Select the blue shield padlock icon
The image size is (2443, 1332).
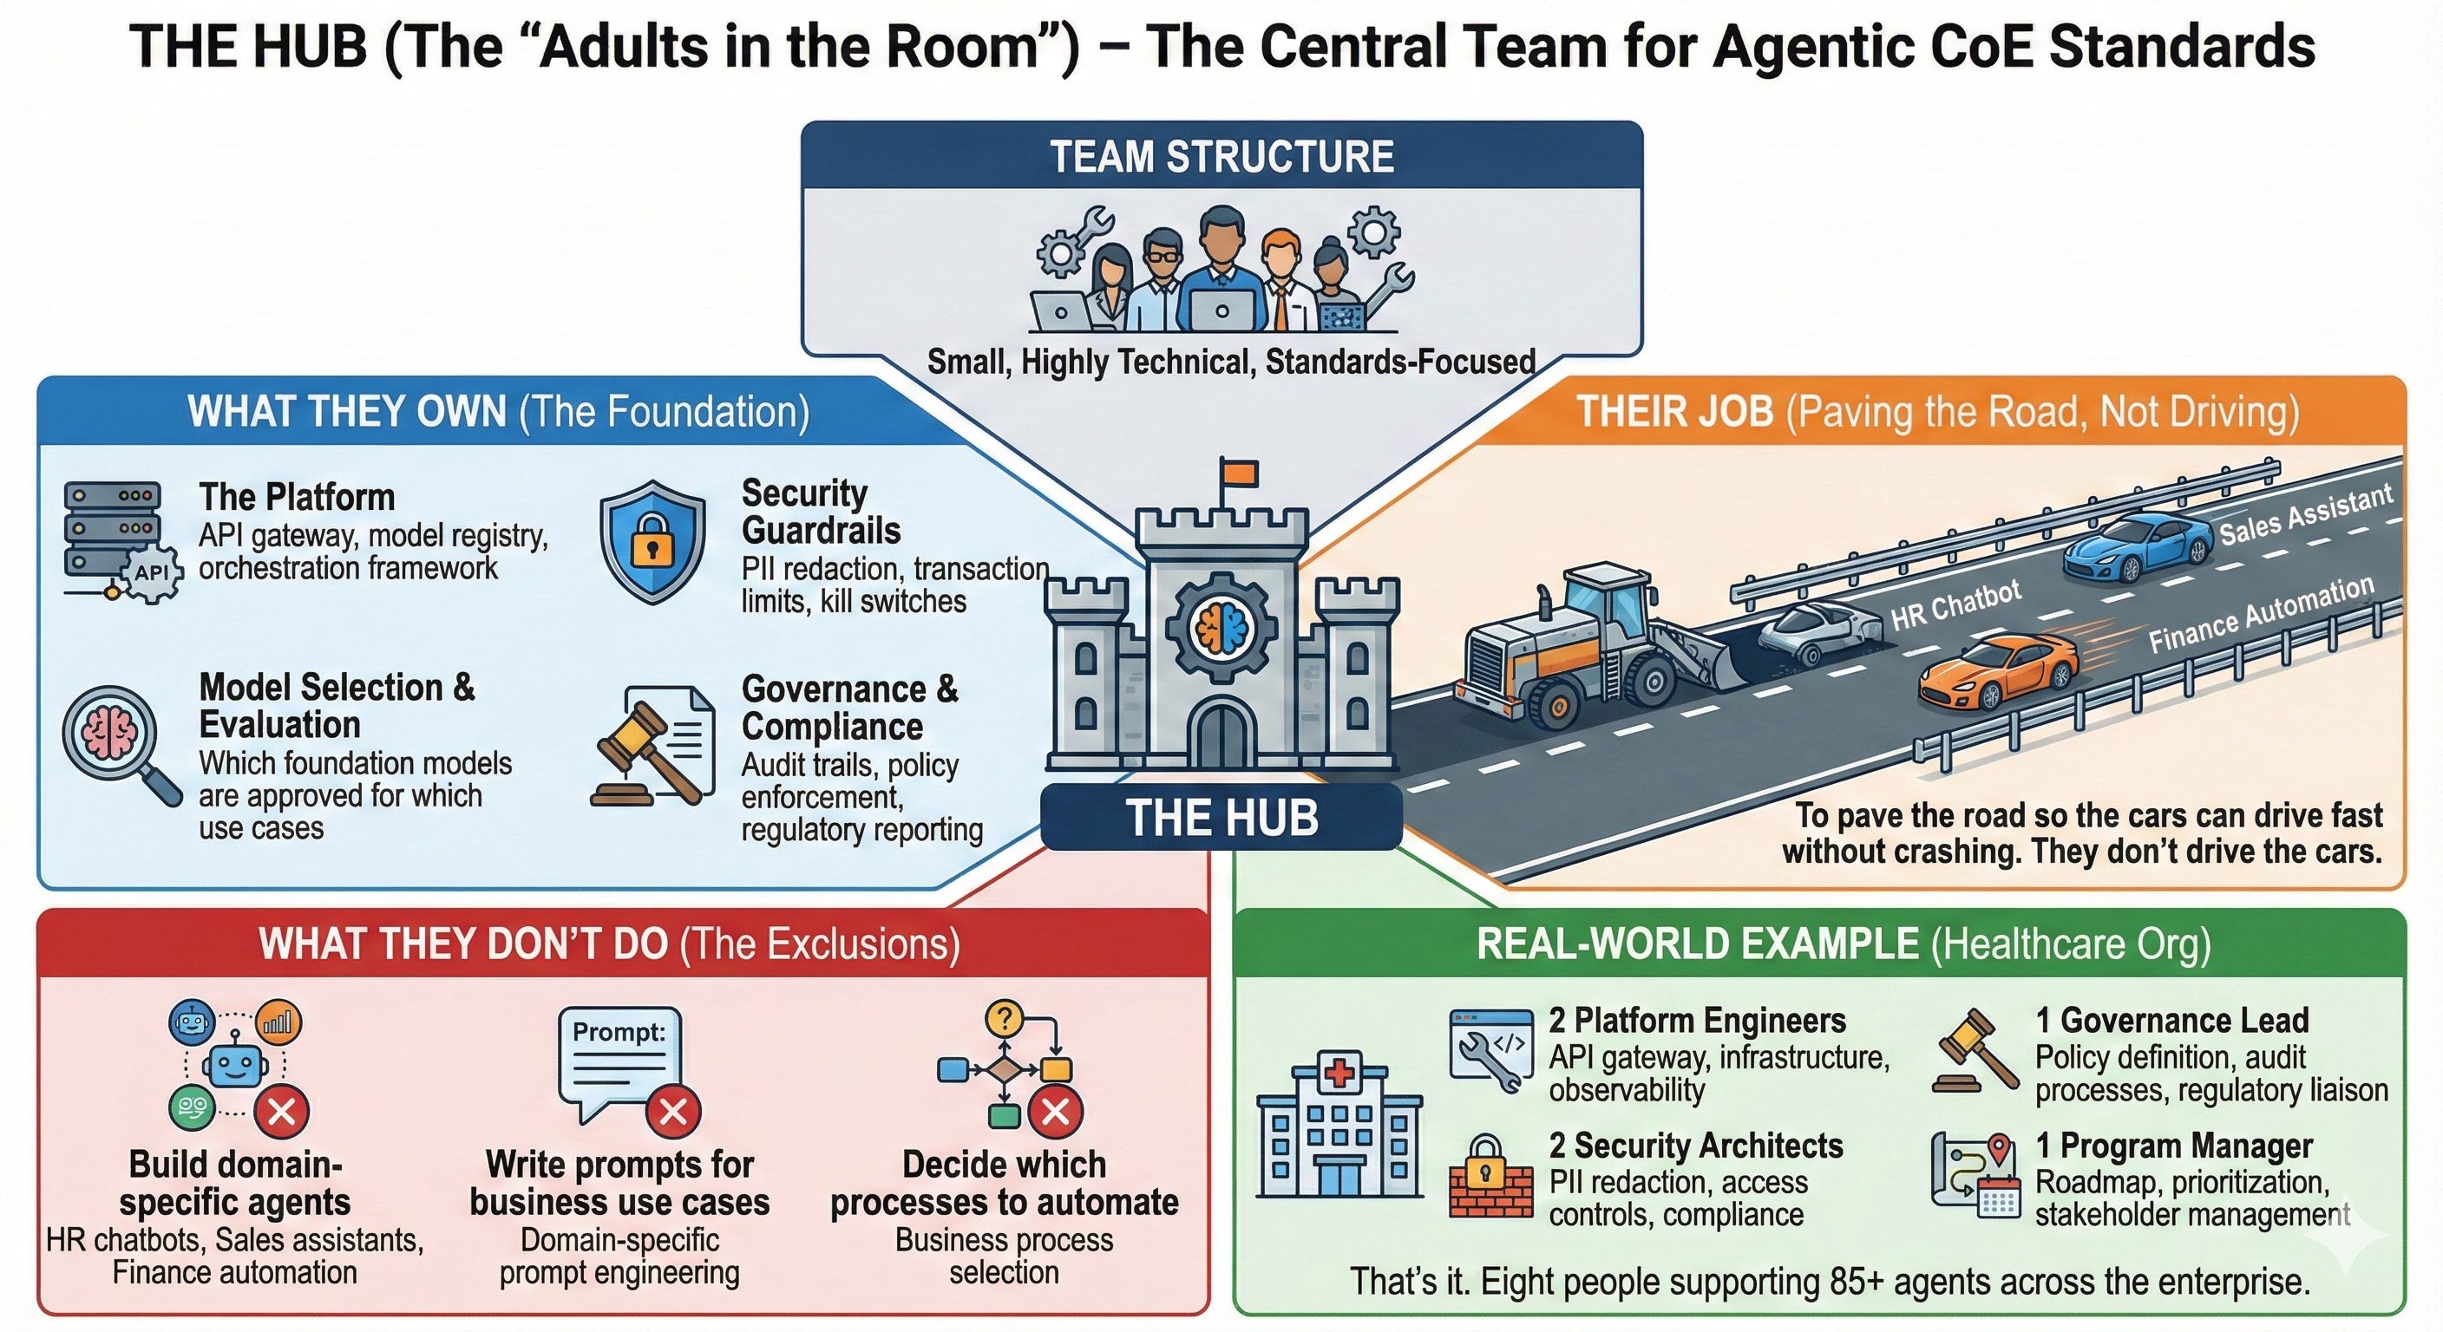click(652, 541)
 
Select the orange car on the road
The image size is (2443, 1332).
click(1997, 671)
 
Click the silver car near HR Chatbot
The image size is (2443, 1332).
click(1819, 630)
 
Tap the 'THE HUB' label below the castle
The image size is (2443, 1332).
click(1221, 817)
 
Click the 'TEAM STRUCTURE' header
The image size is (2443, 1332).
click(1221, 156)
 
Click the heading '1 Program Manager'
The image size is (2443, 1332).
click(2174, 1146)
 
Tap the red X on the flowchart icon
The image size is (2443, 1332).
click(1056, 1111)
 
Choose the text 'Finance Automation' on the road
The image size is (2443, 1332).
click(2260, 616)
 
